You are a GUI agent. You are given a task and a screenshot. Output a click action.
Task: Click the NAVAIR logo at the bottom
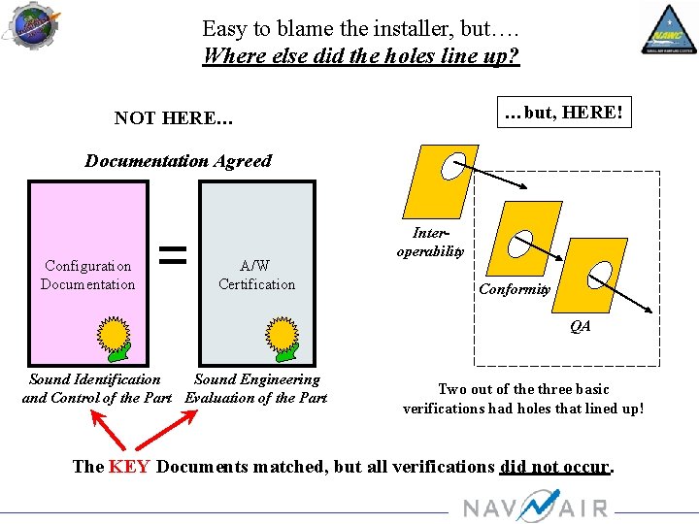[534, 507]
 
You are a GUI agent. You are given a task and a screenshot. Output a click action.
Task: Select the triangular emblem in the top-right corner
[668, 29]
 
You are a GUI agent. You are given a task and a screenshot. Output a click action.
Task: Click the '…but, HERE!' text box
[562, 112]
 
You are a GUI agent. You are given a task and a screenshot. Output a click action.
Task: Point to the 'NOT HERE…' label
[173, 118]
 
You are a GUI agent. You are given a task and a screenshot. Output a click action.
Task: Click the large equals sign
[172, 255]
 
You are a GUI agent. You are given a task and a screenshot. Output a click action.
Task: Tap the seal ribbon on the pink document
[116, 336]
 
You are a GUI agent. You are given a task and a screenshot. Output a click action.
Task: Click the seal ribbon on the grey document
[284, 336]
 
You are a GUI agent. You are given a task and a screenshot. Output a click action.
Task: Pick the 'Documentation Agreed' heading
[178, 161]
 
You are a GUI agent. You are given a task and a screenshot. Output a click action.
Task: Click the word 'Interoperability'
[430, 242]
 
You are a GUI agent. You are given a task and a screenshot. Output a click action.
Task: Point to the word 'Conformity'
[515, 289]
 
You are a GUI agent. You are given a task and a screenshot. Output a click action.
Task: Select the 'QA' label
[580, 327]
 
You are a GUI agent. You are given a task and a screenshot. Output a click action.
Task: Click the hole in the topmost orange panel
[452, 167]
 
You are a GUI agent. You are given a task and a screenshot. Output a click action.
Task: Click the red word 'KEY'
[129, 467]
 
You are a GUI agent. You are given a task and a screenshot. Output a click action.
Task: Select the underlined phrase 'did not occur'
[554, 467]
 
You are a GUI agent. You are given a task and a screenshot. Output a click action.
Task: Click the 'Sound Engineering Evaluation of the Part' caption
[256, 388]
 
